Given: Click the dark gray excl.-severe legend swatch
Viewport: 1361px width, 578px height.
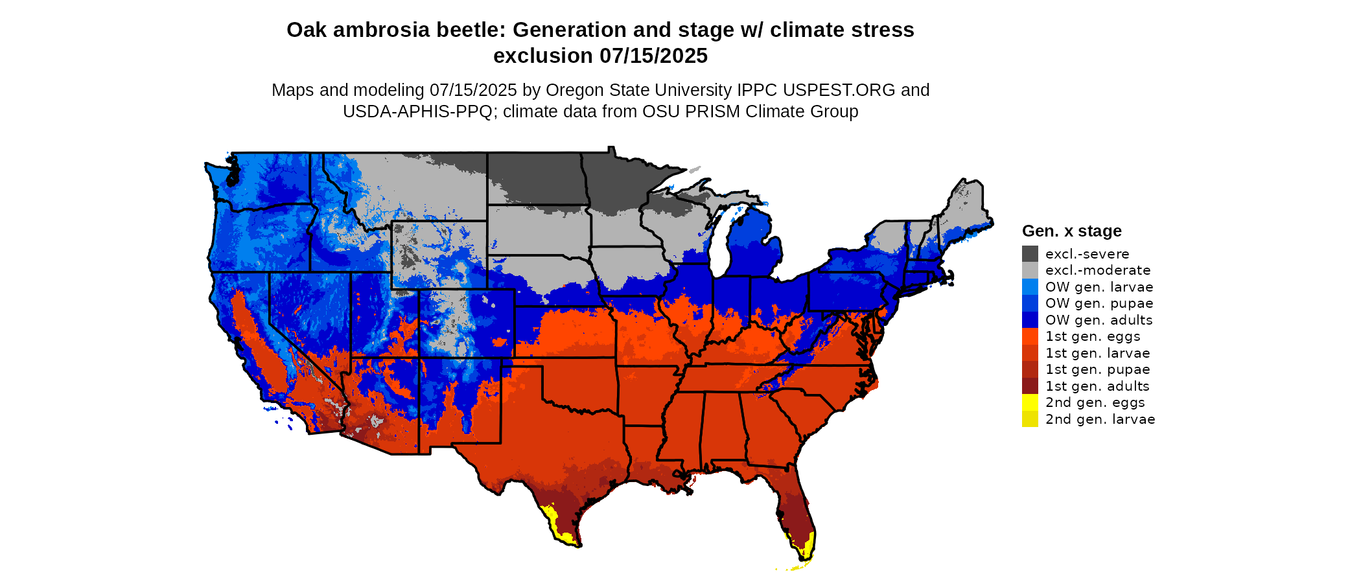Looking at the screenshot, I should point(1030,254).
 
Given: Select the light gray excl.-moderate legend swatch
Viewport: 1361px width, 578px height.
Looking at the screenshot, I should point(1030,270).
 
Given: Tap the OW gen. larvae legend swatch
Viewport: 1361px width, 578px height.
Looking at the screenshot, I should point(1030,287).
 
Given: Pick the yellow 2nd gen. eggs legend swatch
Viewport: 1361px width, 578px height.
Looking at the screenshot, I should point(1030,402).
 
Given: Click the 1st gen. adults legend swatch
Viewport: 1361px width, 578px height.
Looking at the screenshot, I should point(1030,386).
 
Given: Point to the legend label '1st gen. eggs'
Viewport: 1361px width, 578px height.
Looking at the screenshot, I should point(1093,336).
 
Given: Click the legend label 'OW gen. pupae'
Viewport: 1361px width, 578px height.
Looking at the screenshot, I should point(1099,303).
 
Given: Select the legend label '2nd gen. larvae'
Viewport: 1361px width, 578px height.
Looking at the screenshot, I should point(1100,419).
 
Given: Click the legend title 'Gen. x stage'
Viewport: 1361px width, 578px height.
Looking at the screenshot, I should point(1071,231).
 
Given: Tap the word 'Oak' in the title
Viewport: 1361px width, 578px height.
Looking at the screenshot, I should point(306,30).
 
